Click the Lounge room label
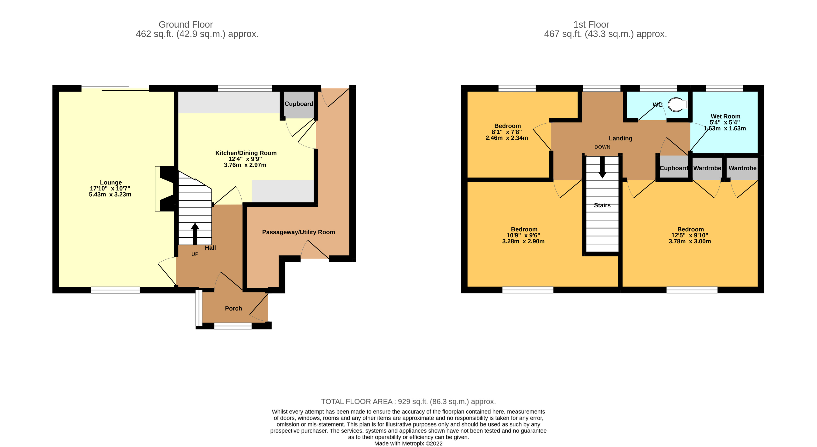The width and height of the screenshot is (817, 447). click(x=111, y=182)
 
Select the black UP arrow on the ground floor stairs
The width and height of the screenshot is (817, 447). click(x=195, y=233)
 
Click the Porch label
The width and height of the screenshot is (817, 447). click(x=233, y=309)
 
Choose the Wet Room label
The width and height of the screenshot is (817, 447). click(x=725, y=117)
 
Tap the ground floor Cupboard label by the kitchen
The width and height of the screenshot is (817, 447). click(x=298, y=104)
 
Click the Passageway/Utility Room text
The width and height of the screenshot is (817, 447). click(x=298, y=232)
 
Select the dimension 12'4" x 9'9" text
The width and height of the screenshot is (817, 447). click(x=245, y=159)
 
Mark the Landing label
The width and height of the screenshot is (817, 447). click(x=620, y=138)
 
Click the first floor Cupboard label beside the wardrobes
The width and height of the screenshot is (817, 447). click(x=674, y=168)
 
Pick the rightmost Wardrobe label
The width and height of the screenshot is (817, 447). click(x=742, y=168)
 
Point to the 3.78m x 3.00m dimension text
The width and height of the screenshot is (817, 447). click(x=690, y=241)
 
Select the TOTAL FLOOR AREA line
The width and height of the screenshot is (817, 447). click(x=408, y=402)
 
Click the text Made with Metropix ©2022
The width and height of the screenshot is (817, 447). click(x=408, y=444)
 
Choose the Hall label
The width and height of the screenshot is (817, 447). click(x=210, y=248)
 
